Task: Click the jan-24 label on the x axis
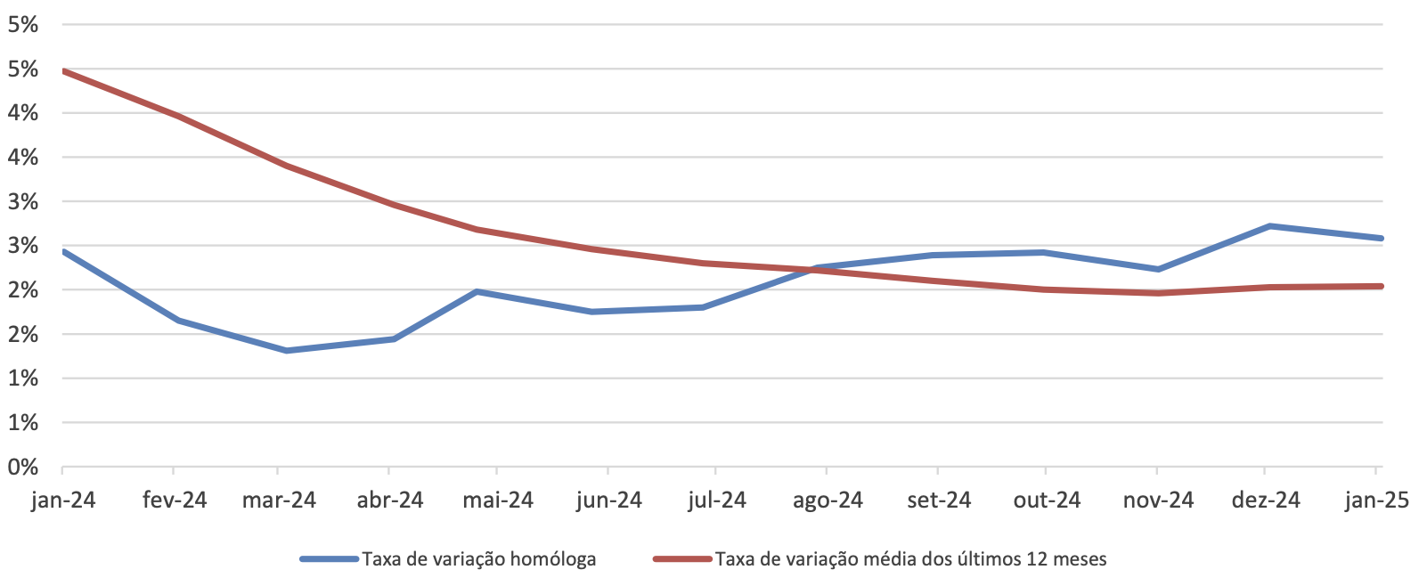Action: [63, 501]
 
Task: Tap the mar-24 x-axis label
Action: [279, 501]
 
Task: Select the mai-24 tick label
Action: [498, 501]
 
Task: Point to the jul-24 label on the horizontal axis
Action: [717, 501]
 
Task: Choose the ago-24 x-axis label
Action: [828, 501]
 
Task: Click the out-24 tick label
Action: [1047, 501]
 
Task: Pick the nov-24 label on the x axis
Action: [1158, 501]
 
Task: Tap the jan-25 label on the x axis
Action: [1376, 501]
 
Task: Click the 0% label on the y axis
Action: [23, 467]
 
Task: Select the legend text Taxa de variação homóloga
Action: [479, 559]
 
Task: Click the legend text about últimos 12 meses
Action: [910, 559]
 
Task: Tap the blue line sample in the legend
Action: [330, 559]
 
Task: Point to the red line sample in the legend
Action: [682, 559]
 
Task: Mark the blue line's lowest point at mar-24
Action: [286, 351]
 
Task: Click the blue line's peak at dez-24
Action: [1269, 226]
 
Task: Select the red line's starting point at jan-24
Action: [63, 70]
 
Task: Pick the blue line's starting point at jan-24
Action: [63, 251]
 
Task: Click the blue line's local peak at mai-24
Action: [477, 291]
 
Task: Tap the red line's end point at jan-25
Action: [1381, 286]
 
